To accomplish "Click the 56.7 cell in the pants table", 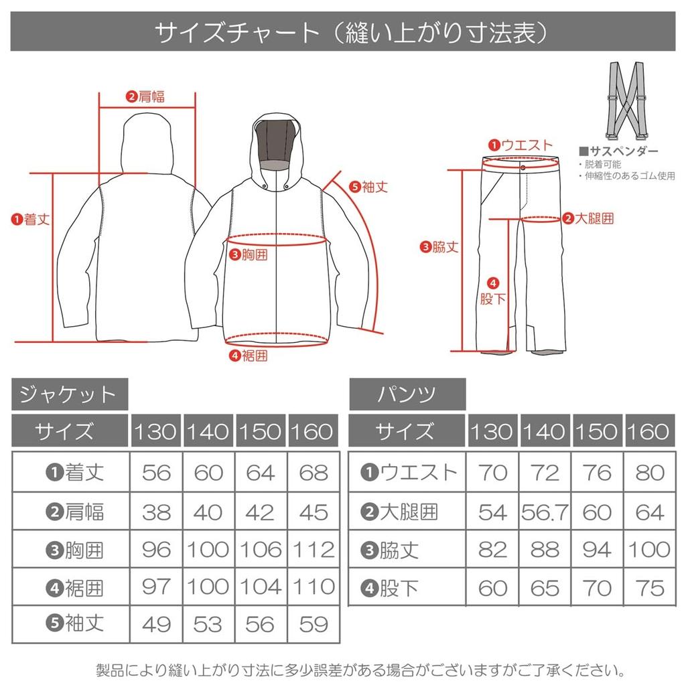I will [x=544, y=512].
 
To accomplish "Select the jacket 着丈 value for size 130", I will [x=156, y=473].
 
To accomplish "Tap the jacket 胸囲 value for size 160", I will [x=312, y=549].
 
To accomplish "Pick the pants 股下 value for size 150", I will [x=596, y=588].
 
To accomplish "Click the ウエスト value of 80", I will [x=648, y=473].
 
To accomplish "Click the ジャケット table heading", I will [x=69, y=394].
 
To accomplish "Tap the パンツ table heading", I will [x=407, y=394].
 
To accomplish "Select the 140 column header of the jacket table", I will [x=208, y=431].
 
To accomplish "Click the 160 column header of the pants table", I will [x=648, y=431].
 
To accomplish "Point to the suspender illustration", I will [x=626, y=100].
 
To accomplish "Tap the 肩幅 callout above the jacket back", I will [x=145, y=96].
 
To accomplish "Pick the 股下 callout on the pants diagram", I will [x=492, y=292].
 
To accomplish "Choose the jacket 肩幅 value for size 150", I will [x=260, y=512].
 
